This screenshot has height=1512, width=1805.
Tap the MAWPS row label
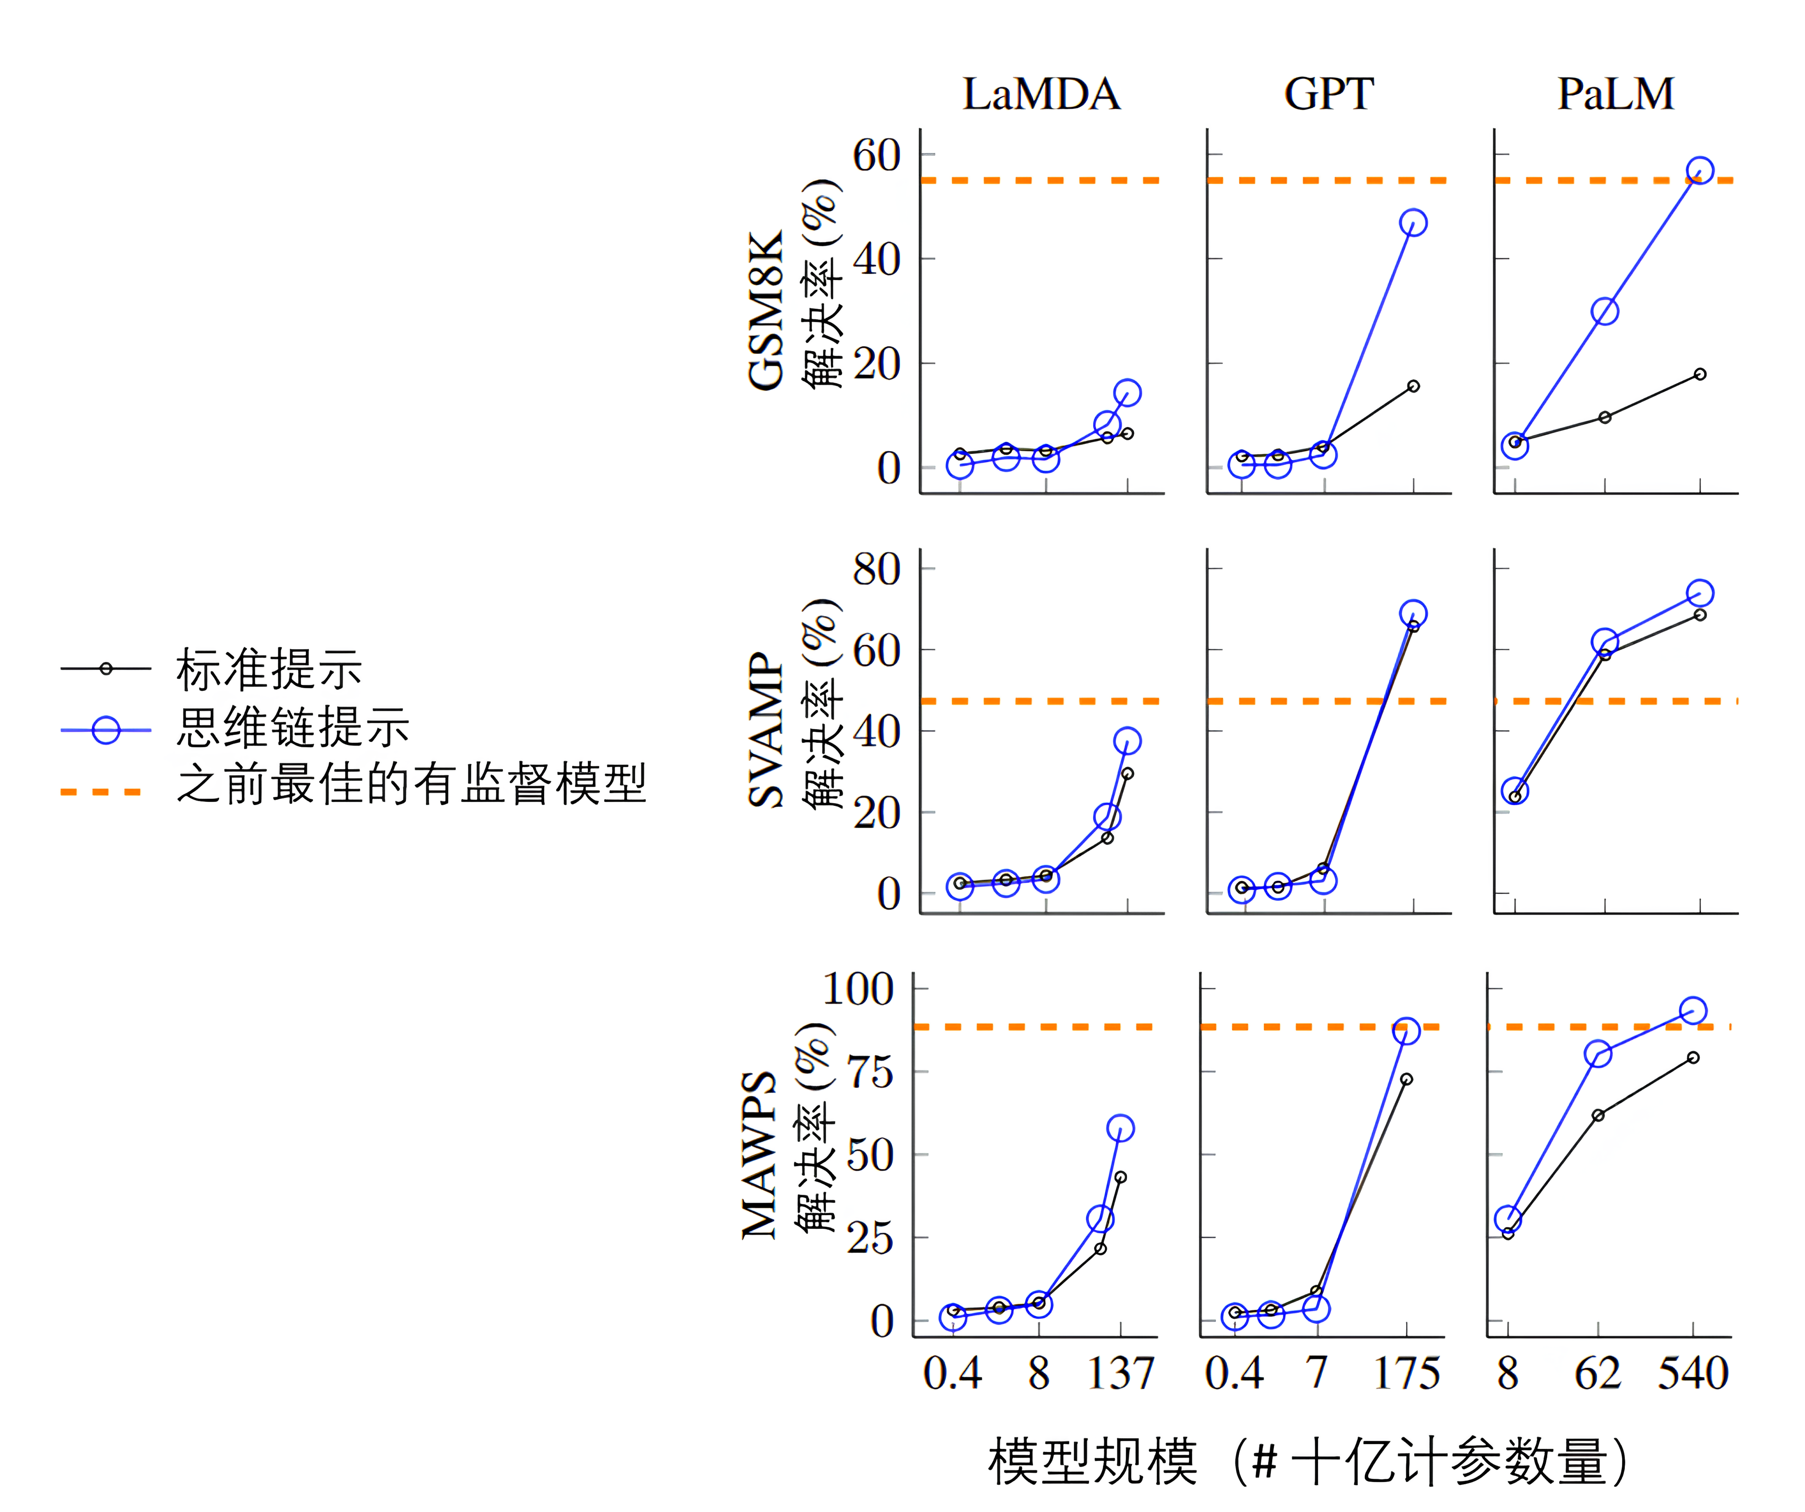[x=760, y=1154]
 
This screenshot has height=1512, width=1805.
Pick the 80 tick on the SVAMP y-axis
[x=877, y=569]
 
